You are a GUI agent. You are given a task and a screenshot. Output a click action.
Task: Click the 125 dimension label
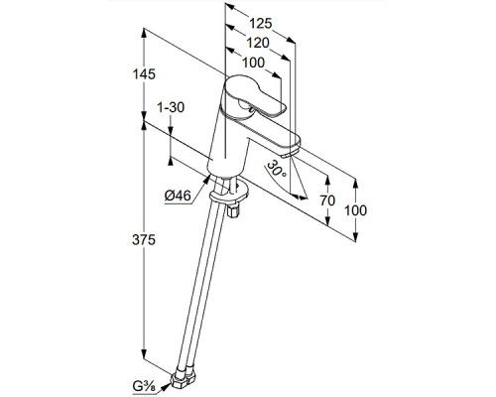tap(260, 24)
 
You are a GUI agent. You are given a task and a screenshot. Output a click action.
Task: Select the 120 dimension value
tap(258, 43)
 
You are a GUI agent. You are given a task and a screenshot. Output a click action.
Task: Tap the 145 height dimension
tap(144, 74)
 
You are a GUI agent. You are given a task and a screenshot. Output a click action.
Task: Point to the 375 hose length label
tap(144, 239)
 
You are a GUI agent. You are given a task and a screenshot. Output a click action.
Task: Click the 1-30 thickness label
tap(171, 107)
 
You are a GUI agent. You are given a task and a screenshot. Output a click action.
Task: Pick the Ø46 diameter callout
tap(178, 196)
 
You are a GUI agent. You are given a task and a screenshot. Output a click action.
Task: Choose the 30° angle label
tap(277, 168)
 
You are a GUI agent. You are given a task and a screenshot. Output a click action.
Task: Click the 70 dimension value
tap(327, 200)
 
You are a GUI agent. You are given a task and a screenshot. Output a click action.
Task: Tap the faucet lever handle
tap(255, 96)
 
